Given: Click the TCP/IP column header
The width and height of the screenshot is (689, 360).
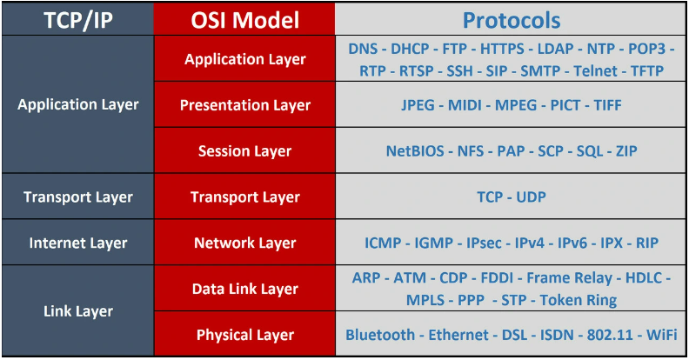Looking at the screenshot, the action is click(78, 20).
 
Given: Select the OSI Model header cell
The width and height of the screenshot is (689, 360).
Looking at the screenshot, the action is click(244, 20).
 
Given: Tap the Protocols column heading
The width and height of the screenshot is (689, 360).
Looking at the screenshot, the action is click(511, 20).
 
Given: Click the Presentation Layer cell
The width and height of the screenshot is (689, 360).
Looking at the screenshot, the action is click(244, 105).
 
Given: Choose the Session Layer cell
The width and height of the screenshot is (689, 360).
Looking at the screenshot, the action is click(244, 151).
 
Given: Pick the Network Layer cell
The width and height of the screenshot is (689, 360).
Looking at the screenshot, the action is click(244, 243).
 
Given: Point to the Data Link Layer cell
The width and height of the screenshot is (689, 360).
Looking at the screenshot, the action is click(244, 289).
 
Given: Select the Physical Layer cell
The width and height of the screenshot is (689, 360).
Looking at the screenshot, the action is click(244, 335).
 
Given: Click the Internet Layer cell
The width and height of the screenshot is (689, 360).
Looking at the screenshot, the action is click(78, 243).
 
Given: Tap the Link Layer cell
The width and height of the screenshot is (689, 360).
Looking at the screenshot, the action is click(78, 311).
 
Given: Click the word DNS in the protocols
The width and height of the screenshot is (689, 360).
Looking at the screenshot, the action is click(363, 49).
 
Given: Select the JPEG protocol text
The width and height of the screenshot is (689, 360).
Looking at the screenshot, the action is click(418, 105).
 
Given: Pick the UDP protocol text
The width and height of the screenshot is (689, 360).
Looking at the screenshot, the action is click(531, 197).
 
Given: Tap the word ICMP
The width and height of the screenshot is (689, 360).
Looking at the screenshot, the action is click(383, 243).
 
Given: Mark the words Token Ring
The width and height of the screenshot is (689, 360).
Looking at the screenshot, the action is click(579, 300).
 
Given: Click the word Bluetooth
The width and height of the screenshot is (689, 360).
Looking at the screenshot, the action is click(380, 335).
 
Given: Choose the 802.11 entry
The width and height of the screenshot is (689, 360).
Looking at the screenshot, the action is click(611, 335).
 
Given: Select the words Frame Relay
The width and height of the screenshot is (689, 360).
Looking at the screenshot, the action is click(570, 278).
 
